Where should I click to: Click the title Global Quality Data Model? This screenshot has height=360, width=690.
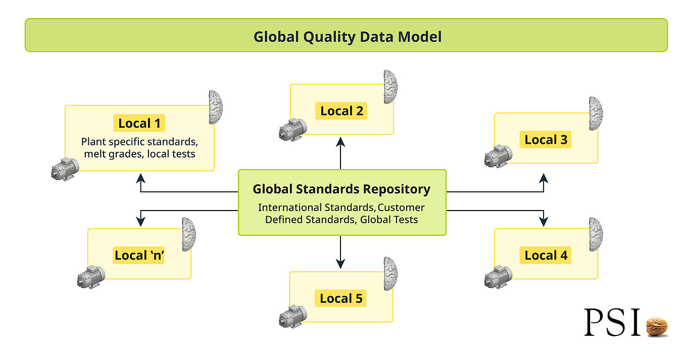click(x=347, y=36)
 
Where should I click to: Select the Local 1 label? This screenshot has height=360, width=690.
click(x=139, y=123)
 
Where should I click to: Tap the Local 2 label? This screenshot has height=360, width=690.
click(x=341, y=111)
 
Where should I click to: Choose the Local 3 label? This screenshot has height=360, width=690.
click(x=546, y=140)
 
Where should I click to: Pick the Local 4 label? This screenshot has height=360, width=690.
click(x=546, y=255)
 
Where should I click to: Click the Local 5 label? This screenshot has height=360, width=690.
click(x=341, y=298)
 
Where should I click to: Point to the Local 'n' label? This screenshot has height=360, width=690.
click(x=140, y=255)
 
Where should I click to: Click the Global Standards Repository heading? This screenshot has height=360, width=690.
click(x=341, y=189)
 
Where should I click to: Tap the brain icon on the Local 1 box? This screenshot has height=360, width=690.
click(x=216, y=107)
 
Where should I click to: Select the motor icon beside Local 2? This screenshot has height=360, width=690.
click(x=292, y=130)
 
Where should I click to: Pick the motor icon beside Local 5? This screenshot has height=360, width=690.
click(x=292, y=317)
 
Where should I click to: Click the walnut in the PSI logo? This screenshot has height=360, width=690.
click(x=657, y=326)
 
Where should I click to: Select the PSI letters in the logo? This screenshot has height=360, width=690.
click(x=612, y=323)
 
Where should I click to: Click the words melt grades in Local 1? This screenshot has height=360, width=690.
click(x=112, y=154)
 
